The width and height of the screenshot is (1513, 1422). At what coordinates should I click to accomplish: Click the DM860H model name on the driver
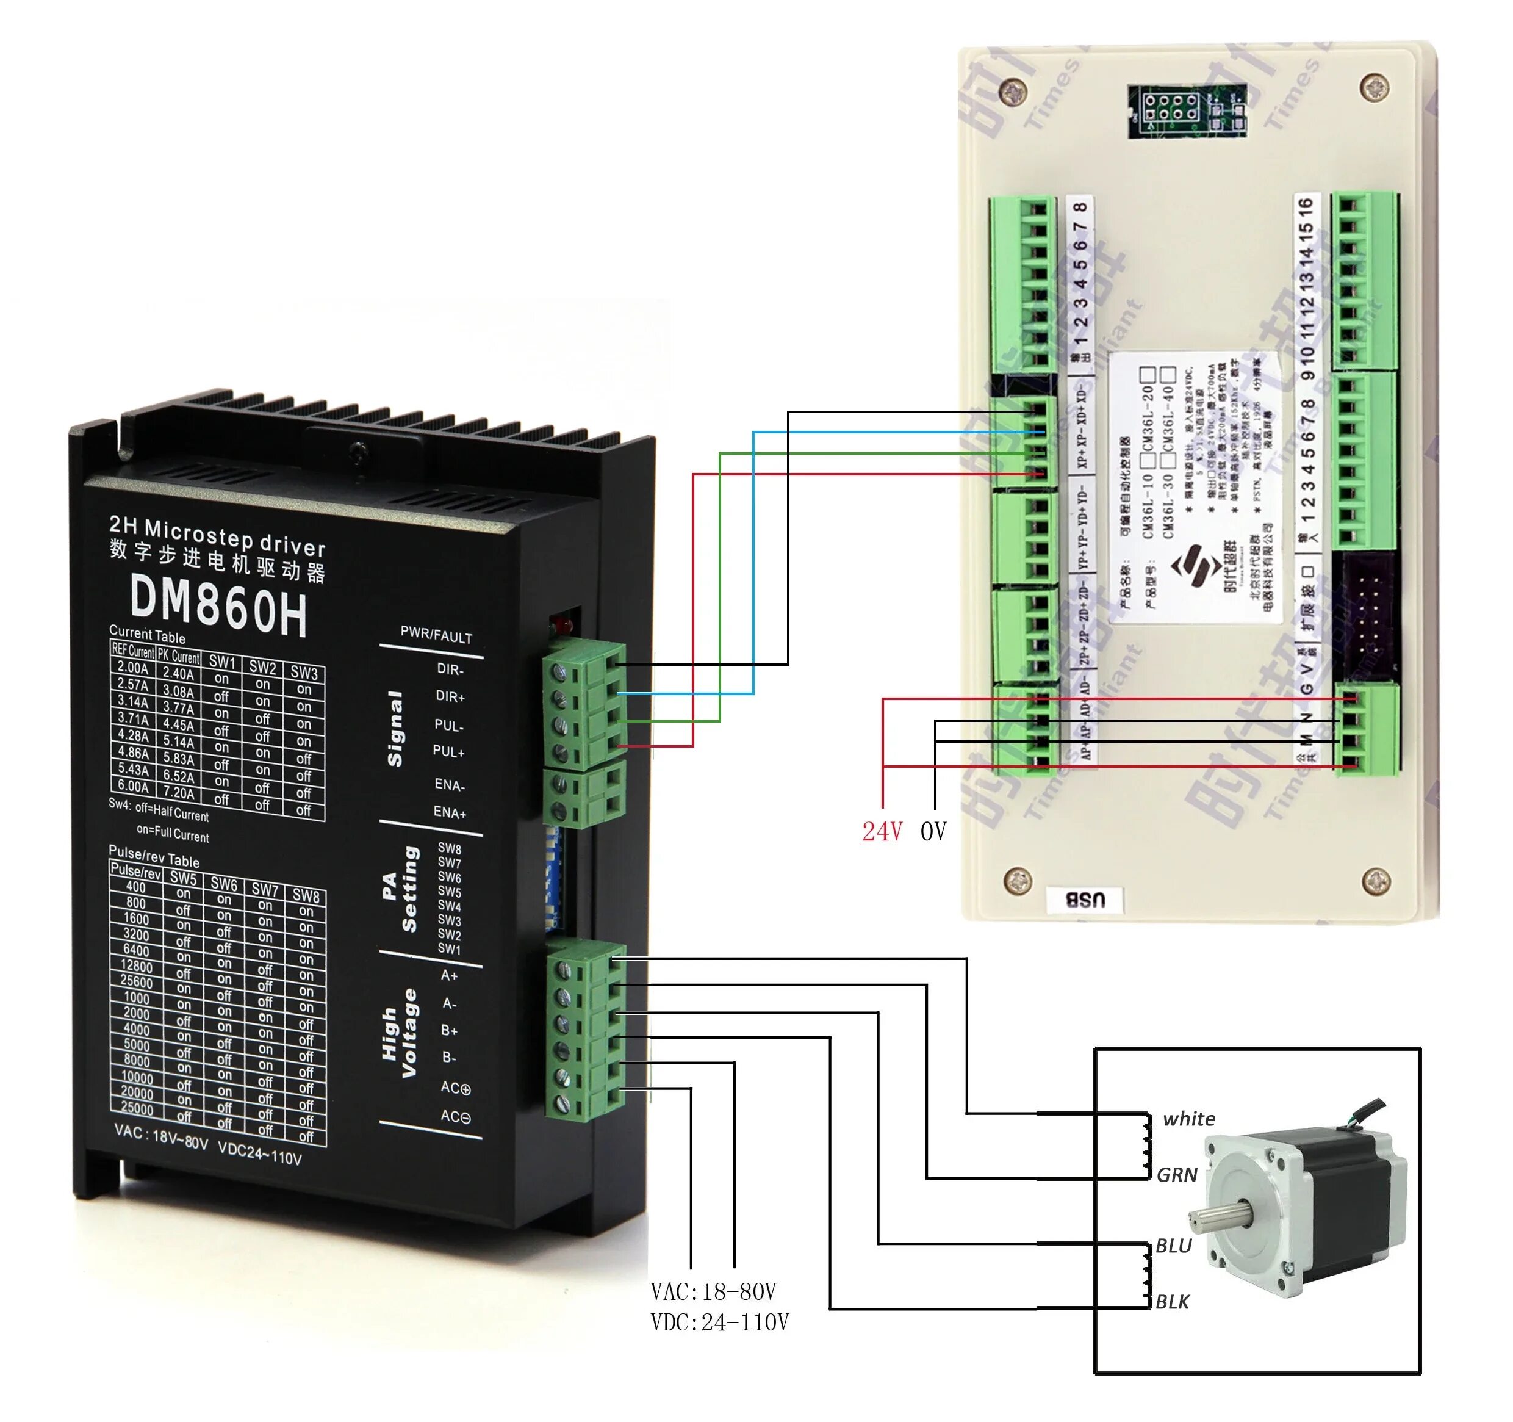(x=219, y=606)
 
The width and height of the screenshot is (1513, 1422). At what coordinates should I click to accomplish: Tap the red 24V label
(x=882, y=832)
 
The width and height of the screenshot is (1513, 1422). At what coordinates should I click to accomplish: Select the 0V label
(x=934, y=832)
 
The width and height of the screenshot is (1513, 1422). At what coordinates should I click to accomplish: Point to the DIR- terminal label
(x=450, y=669)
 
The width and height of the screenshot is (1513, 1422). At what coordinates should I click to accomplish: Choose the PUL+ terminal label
(x=448, y=751)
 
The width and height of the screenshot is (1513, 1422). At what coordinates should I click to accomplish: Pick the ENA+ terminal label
(x=449, y=812)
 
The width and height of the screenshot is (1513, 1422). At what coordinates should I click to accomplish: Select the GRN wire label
(x=1177, y=1175)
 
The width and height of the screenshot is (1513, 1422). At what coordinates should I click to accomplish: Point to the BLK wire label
(x=1172, y=1302)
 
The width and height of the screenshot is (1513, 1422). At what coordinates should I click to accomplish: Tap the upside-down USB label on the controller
(x=1085, y=900)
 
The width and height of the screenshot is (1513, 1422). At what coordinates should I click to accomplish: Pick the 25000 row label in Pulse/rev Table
(x=137, y=1108)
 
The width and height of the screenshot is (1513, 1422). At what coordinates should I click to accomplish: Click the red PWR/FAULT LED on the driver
(x=563, y=626)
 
